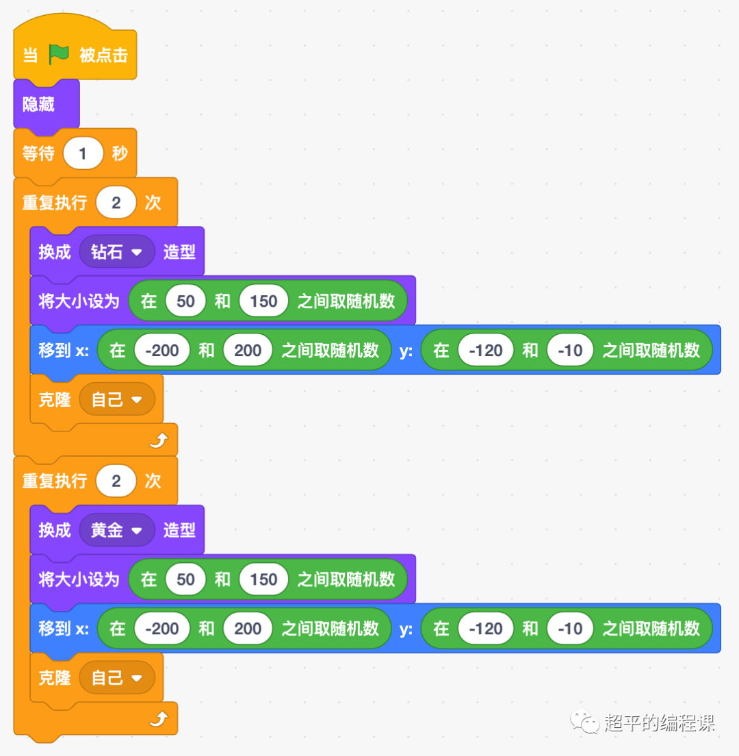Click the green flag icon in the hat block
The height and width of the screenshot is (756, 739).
coord(59,55)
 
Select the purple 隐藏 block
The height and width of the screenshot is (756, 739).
coord(39,104)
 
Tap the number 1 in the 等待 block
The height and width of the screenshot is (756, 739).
coord(83,153)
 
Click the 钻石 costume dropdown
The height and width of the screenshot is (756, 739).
coord(117,252)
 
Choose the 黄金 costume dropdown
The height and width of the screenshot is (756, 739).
coord(117,530)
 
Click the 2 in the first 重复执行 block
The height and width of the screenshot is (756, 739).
coord(116,203)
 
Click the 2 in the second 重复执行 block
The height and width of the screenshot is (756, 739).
coord(116,481)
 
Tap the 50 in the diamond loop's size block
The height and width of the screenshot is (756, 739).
coord(185,301)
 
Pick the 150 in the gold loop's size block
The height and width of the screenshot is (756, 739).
coord(263,579)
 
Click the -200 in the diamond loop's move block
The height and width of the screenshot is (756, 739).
coord(162,351)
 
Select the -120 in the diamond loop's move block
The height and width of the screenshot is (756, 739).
coord(486,351)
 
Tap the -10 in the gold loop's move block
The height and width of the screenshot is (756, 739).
coord(570,629)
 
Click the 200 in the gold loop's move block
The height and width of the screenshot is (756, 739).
coord(248,629)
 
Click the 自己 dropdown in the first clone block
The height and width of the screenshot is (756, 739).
coord(117,400)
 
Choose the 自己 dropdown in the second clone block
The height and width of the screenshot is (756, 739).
coord(117,678)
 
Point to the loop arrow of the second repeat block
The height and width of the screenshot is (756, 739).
coord(159,719)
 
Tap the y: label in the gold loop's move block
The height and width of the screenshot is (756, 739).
coord(406,629)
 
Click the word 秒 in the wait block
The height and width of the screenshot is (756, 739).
coord(120,153)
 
